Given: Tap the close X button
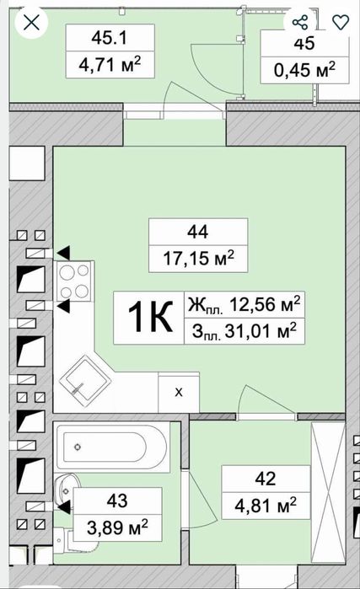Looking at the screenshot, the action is pos(31,23).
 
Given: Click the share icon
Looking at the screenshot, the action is pos(300,22).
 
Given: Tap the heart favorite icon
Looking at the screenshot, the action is pos(341,22).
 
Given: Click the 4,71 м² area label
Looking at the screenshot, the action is pos(110,65).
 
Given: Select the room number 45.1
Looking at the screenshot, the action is pos(110,38).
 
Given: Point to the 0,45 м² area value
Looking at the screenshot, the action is pos(304,69).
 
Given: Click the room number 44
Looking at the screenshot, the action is pos(197,232).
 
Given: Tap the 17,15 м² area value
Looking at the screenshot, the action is pos(198,258).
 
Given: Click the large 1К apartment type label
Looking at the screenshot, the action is pos(150,318).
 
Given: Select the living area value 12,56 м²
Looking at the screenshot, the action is pos(265,304).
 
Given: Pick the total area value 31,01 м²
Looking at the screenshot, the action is pos(261,331).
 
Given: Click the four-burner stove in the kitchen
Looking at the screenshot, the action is pos(73,281).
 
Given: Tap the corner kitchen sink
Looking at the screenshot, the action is pos(85,381).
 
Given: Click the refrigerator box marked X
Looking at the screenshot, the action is pos(179,392).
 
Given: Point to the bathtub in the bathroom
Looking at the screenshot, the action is pos(111,447).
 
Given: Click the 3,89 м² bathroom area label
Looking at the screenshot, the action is pos(117,527).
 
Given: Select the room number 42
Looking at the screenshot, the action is pos(266,479).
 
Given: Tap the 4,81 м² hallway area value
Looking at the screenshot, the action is pos(266,506).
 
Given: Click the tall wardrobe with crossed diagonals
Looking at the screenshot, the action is pos(328,492).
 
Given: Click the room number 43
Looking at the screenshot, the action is pos(117,501).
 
